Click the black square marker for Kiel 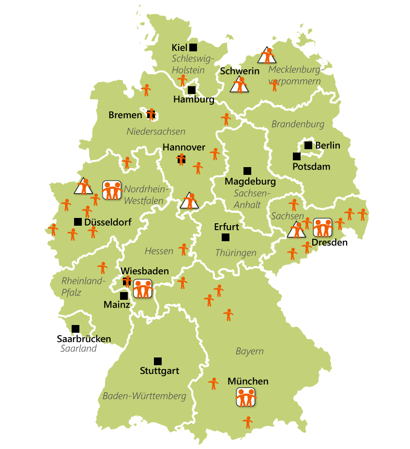click(193, 47)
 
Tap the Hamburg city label click(193, 100)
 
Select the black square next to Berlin click(308, 145)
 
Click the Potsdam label click(311, 167)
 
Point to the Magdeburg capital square click(247, 170)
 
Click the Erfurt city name click(226, 227)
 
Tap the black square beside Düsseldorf click(77, 222)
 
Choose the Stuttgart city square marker click(157, 361)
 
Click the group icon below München click(245, 397)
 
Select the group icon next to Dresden click(322, 227)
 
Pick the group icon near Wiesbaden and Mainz click(143, 289)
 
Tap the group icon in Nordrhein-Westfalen click(112, 190)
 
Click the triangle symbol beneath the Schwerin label click(239, 86)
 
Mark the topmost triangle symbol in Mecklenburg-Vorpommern click(267, 56)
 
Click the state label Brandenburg click(297, 124)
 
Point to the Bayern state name click(249, 351)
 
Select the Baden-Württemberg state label click(144, 396)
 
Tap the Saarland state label click(78, 349)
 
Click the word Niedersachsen click(156, 131)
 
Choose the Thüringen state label click(235, 253)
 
